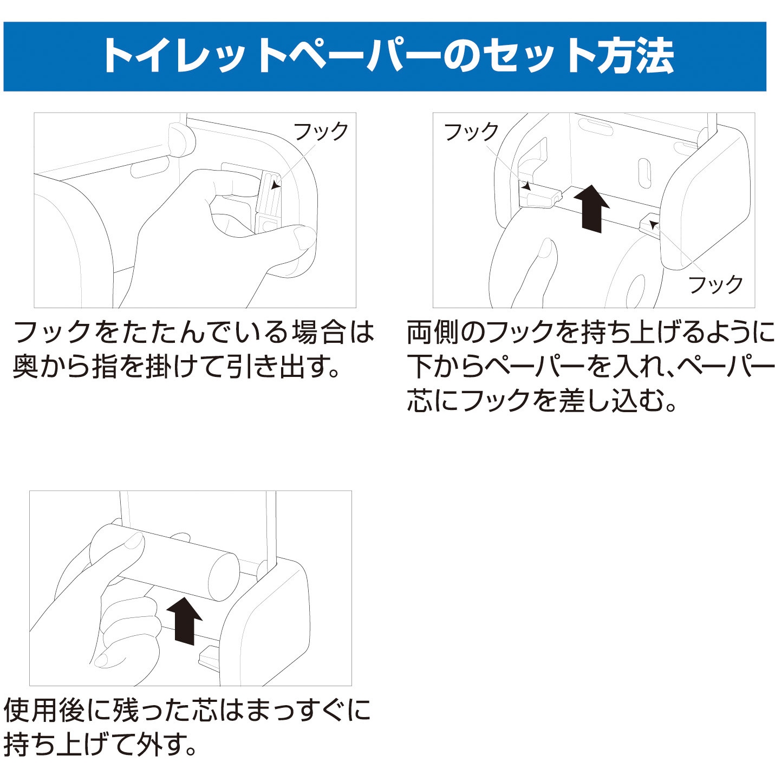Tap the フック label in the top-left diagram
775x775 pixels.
tap(321, 132)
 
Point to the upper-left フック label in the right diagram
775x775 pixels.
tap(471, 132)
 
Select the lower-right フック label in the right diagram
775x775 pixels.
tap(715, 284)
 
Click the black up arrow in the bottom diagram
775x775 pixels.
tap(184, 621)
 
